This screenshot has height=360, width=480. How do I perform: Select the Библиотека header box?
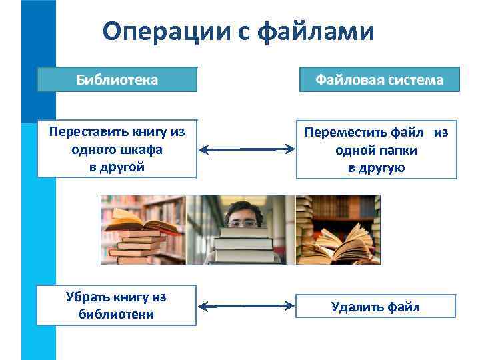tap(117, 80)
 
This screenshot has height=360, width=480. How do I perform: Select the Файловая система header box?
tap(379, 80)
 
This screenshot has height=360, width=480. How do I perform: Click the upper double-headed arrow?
tap(247, 150)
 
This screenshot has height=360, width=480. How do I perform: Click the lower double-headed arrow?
tap(247, 306)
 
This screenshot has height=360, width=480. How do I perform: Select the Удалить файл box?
tap(376, 307)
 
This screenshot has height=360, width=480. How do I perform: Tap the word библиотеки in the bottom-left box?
tap(117, 314)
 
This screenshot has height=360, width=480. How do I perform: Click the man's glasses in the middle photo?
tap(241, 223)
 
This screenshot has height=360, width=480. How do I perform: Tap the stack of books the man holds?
tap(243, 247)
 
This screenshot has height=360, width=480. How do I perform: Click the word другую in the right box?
tap(377, 168)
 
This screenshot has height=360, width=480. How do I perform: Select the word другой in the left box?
tap(117, 167)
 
